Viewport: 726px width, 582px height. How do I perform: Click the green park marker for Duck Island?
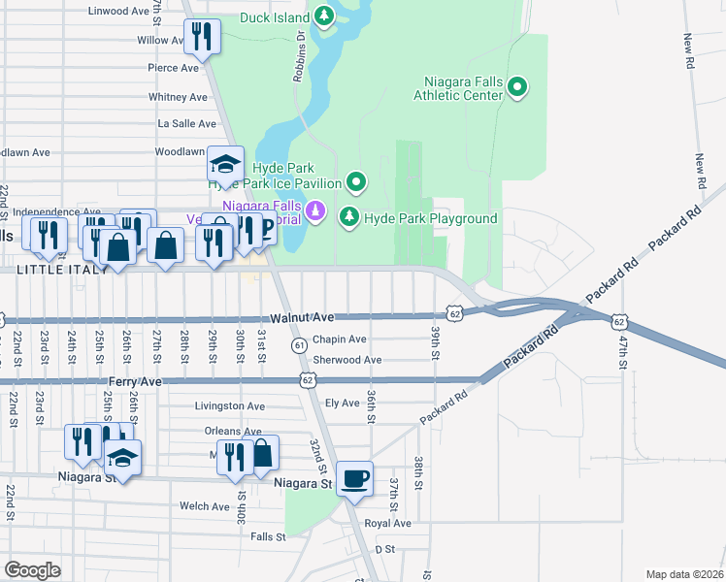(322, 16)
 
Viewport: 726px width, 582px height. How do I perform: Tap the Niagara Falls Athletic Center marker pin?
(517, 88)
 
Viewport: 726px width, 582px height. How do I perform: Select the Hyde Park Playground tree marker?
(349, 218)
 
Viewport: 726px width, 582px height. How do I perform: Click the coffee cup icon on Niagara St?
(354, 478)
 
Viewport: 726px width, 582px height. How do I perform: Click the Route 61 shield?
(299, 344)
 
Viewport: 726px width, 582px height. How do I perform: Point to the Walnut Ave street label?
(302, 317)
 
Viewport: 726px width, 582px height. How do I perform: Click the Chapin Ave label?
(339, 339)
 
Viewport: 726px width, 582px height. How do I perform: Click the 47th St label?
(622, 354)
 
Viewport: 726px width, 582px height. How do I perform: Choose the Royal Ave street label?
(388, 523)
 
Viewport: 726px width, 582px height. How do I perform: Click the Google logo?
(33, 570)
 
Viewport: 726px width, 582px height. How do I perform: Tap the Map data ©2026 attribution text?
(683, 574)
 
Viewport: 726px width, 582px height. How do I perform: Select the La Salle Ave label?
(187, 124)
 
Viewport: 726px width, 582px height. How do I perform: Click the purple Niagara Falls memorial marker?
(313, 210)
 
